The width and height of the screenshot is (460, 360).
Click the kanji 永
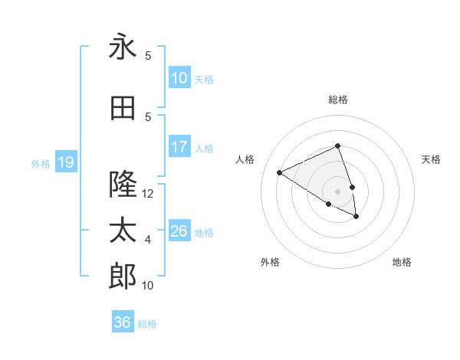(x=123, y=47)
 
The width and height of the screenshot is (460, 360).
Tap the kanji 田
(x=123, y=108)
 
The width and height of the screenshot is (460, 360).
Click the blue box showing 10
(x=179, y=78)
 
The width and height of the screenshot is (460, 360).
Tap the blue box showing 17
(x=179, y=147)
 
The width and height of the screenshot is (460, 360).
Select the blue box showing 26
(x=179, y=231)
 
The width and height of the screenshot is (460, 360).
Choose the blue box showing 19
(x=65, y=162)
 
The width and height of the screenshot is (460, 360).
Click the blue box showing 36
(x=123, y=322)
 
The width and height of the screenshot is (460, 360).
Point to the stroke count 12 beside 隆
(x=148, y=194)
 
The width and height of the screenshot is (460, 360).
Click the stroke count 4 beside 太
(x=148, y=240)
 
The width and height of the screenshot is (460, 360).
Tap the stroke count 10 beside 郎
(x=148, y=286)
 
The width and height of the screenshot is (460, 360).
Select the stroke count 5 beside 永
(x=148, y=55)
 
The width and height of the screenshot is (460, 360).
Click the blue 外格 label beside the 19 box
(x=41, y=163)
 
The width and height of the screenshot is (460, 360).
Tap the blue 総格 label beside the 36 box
(x=147, y=324)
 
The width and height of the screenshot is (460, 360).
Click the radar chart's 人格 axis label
(x=245, y=159)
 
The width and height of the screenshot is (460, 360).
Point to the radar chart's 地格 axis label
(x=402, y=262)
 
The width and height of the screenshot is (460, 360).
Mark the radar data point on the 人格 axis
(x=280, y=173)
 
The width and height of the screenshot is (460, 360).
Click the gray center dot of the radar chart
(x=337, y=191)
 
